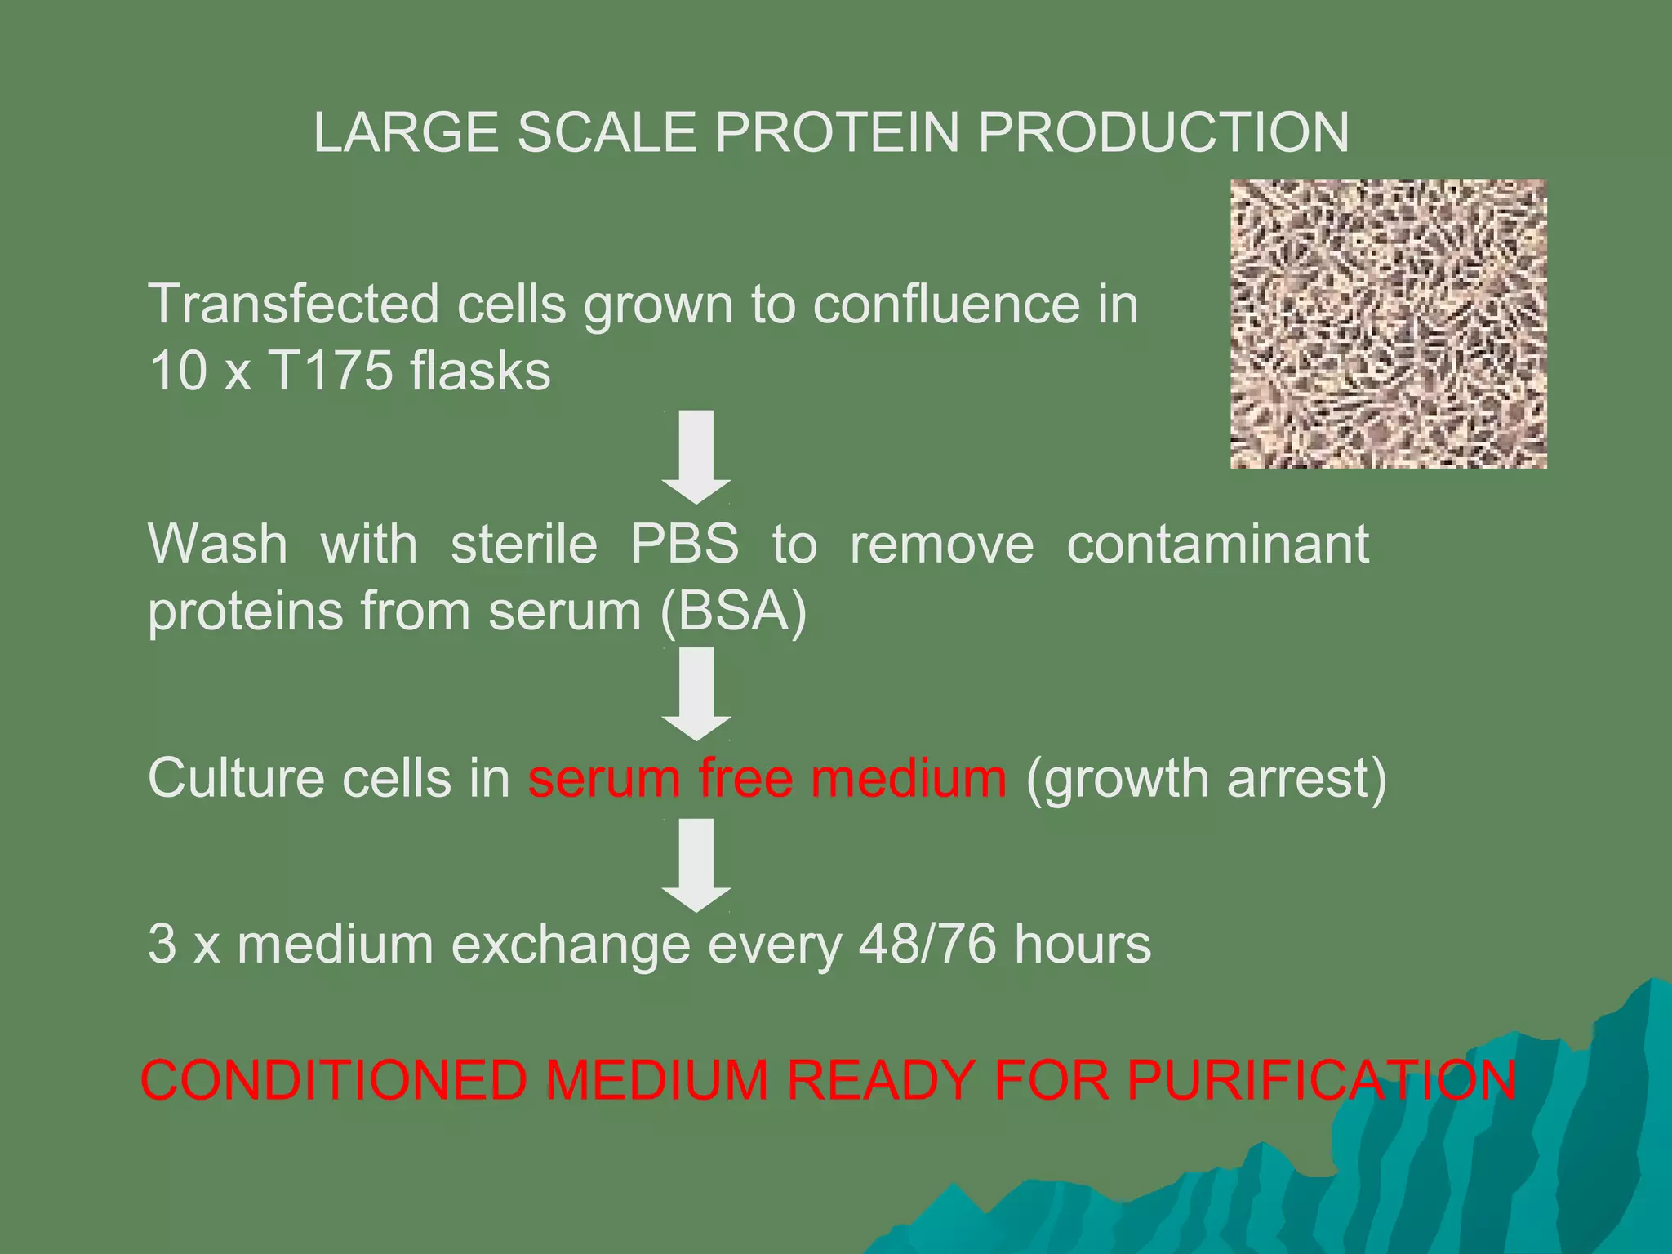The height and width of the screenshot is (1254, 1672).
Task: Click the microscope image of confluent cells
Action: [x=1388, y=323]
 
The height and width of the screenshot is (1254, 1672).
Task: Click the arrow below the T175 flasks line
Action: [x=696, y=456]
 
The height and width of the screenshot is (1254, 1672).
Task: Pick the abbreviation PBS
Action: [x=684, y=545]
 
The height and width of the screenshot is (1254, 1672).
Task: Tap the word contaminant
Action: [x=1217, y=545]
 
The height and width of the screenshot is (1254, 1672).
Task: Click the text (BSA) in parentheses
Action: [x=733, y=611]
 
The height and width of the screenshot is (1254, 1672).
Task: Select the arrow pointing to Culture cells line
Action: [x=696, y=693]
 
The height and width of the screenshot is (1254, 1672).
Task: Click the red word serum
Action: [x=604, y=778]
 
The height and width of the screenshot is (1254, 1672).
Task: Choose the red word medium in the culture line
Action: [x=909, y=778]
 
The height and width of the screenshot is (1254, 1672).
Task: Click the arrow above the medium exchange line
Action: [x=696, y=865]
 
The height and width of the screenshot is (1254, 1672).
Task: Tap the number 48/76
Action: [x=927, y=945]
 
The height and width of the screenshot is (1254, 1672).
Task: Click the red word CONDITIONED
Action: [x=334, y=1080]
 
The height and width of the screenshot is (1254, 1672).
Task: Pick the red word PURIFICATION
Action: [x=1322, y=1080]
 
